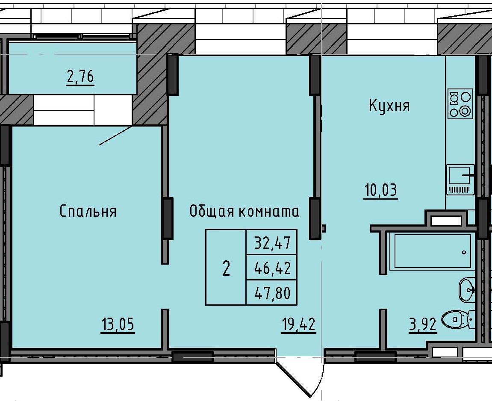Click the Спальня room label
(88, 211)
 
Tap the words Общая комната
(244, 211)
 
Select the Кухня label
(389, 106)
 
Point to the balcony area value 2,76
(80, 78)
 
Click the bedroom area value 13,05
(118, 325)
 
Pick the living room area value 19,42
(298, 325)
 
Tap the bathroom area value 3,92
(422, 325)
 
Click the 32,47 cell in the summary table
(272, 243)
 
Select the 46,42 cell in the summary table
(272, 268)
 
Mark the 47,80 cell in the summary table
(272, 293)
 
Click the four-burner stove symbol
(460, 103)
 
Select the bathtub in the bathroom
(432, 251)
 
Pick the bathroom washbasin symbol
(466, 289)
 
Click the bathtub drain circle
(464, 253)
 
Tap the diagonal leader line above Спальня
(115, 136)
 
